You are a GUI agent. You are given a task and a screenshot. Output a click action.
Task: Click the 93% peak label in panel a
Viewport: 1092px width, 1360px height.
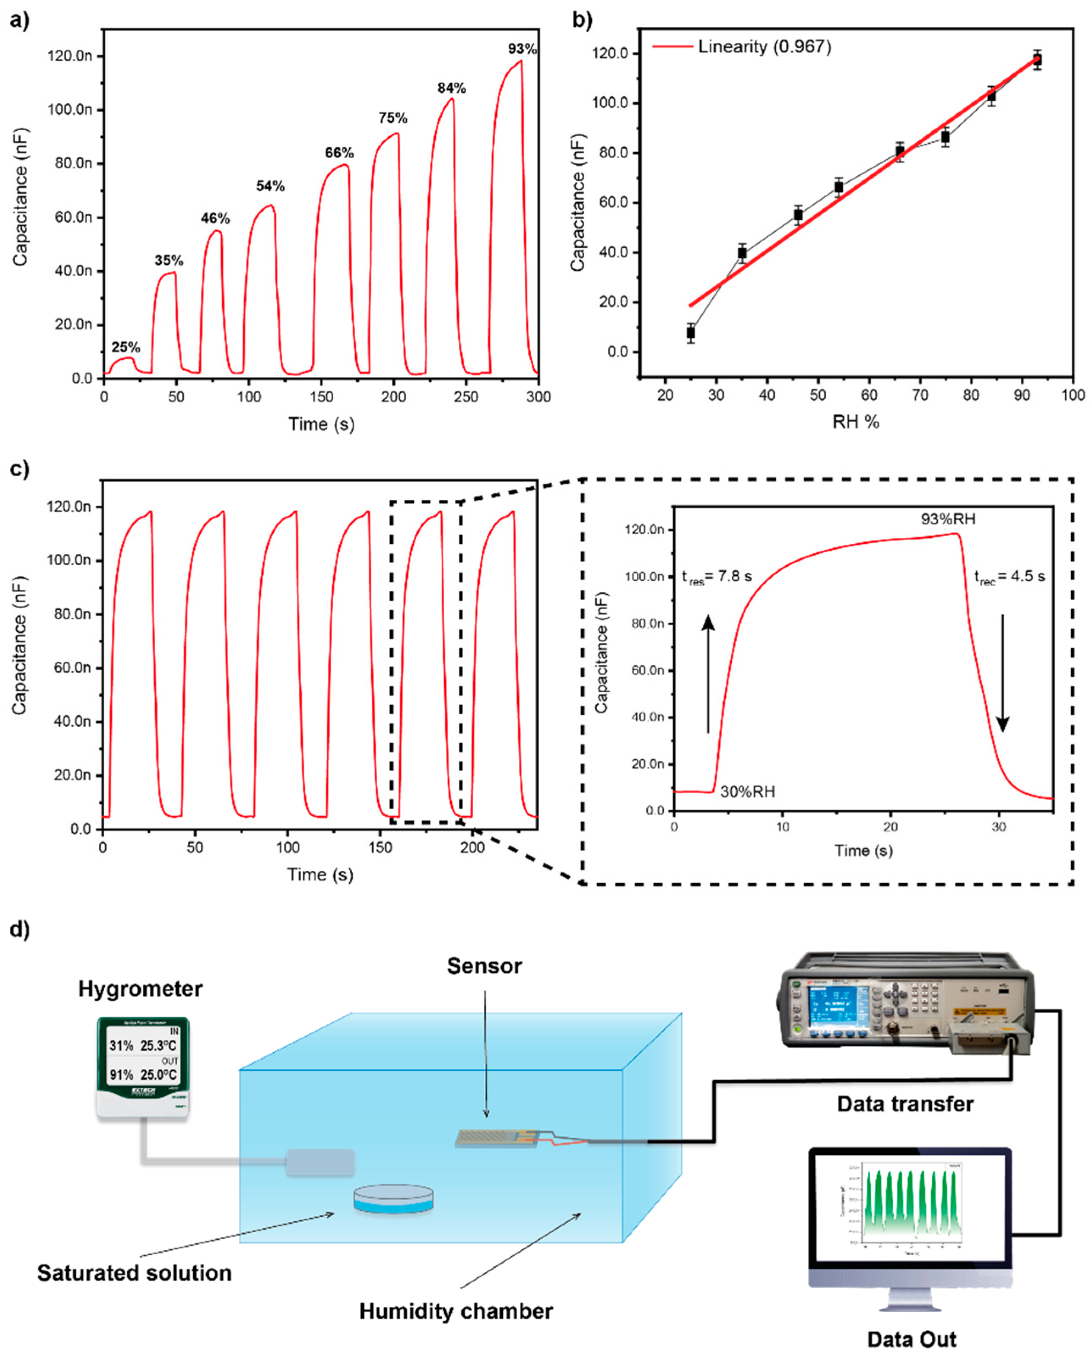tap(522, 48)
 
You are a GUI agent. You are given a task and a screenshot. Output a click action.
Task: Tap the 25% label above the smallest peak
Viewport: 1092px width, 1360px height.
tap(126, 347)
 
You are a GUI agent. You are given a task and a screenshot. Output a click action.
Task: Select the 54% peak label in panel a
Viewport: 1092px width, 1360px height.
tap(270, 186)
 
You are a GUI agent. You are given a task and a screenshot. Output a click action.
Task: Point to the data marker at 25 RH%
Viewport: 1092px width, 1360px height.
tap(691, 333)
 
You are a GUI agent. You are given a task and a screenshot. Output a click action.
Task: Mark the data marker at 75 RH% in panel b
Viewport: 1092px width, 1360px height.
tap(945, 137)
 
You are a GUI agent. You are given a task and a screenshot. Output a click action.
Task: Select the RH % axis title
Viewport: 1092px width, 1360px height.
tap(855, 422)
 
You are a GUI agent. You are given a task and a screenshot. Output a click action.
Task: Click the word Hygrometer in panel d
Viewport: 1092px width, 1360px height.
tap(140, 988)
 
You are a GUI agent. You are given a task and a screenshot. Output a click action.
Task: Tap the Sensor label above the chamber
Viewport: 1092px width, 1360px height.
tap(484, 966)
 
